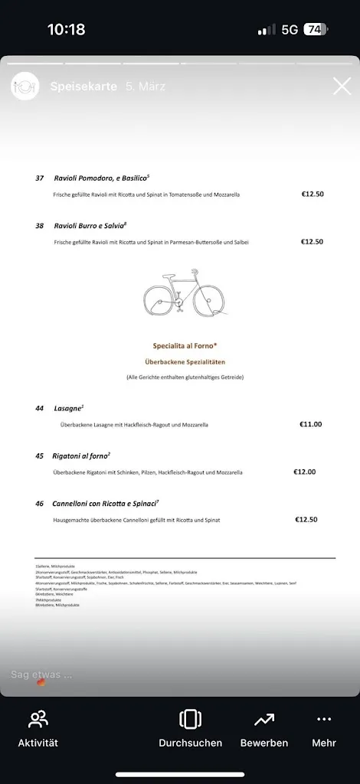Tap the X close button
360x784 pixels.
(x=342, y=87)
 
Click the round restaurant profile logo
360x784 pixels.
(x=25, y=87)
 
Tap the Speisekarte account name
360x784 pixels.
(x=83, y=87)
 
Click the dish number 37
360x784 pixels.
(x=40, y=178)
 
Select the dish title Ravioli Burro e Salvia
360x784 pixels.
(x=90, y=226)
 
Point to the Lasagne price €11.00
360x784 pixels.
(x=310, y=423)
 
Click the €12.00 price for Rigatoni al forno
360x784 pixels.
(x=304, y=472)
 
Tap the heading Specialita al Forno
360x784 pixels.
(x=185, y=345)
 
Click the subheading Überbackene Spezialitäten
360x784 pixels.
(x=185, y=361)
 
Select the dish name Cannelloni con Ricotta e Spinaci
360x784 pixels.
(x=105, y=504)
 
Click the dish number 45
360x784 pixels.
(x=40, y=456)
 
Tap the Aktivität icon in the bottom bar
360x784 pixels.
(x=38, y=720)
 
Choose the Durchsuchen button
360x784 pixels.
(x=190, y=720)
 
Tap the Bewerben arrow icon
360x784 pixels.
(x=264, y=720)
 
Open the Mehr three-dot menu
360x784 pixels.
(x=324, y=720)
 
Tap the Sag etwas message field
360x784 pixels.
(x=42, y=675)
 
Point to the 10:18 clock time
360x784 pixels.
(x=67, y=30)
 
